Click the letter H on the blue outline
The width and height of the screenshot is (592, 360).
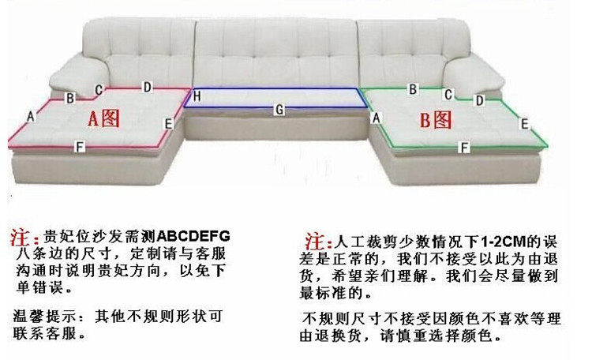(x=198, y=96)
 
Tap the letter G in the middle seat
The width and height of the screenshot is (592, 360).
(x=279, y=110)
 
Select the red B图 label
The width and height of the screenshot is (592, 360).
(x=435, y=120)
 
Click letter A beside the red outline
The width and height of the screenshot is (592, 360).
(x=32, y=115)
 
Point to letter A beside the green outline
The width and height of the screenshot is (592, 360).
(x=377, y=117)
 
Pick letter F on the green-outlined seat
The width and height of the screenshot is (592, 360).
(x=465, y=147)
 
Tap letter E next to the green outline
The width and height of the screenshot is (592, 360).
(x=525, y=123)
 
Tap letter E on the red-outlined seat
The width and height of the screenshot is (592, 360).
(x=168, y=123)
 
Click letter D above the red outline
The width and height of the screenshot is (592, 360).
(x=147, y=86)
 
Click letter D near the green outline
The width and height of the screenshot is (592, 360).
(x=478, y=101)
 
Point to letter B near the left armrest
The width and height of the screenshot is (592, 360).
(x=69, y=99)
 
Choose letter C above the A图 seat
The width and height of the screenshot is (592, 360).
(x=99, y=91)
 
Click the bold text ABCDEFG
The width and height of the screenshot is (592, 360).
(x=193, y=235)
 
